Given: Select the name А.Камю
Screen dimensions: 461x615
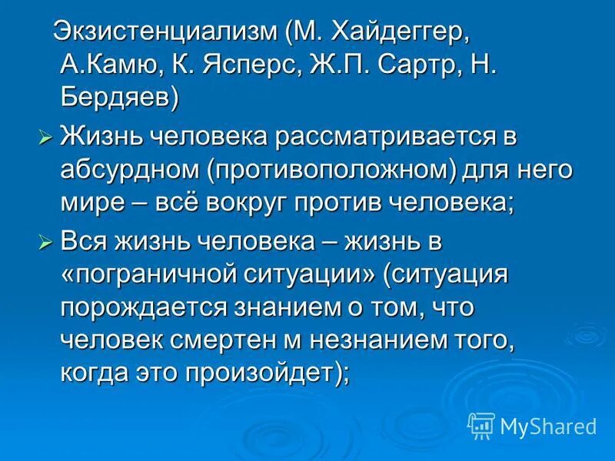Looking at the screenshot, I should [x=108, y=65].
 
